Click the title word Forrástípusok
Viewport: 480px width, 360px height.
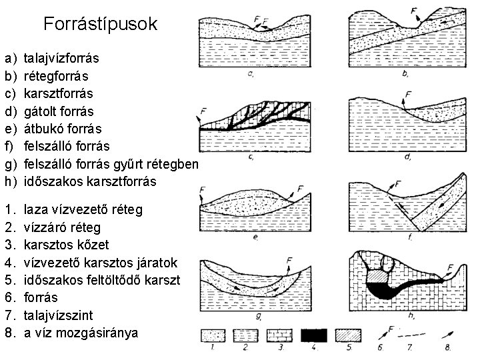pyautogui.click(x=100, y=25)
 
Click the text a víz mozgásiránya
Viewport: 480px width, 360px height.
pyautogui.click(x=80, y=331)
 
